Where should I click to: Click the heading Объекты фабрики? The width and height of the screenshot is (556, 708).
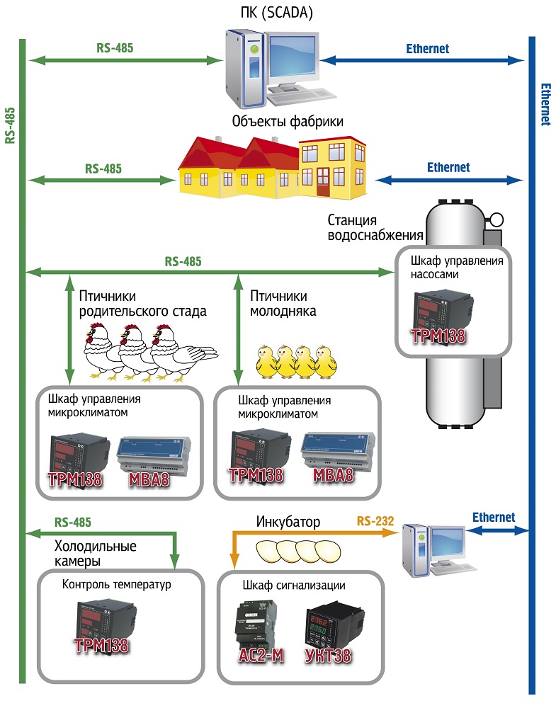288,121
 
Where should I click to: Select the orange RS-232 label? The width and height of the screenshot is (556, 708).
375,523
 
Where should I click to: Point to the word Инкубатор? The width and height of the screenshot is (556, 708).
288,523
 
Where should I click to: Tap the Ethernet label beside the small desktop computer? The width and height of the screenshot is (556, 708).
493,518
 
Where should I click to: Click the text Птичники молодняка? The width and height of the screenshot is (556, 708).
279,303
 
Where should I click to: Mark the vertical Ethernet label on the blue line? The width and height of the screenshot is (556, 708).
545,105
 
